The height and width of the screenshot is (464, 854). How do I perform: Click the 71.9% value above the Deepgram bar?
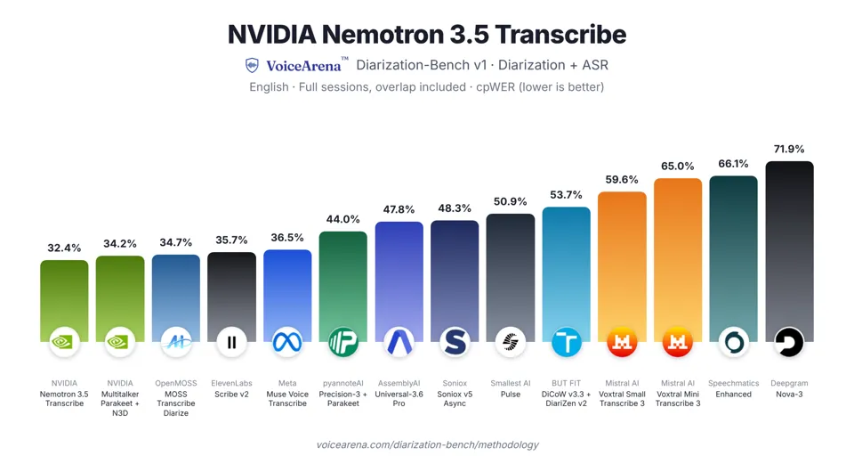(789, 149)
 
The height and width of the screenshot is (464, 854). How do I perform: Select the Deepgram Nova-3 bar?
(789, 251)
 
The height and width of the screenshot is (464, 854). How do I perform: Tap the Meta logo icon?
(287, 342)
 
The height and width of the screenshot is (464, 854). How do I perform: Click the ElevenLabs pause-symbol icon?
(231, 342)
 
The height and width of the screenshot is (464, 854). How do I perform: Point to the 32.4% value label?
(64, 248)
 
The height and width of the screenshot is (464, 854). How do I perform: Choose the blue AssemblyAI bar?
(399, 281)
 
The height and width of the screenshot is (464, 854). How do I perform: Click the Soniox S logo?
(455, 342)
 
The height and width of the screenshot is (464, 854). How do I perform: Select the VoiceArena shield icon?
(252, 65)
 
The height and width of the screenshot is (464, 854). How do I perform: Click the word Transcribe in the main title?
(560, 35)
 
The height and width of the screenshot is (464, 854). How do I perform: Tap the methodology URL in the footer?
(428, 445)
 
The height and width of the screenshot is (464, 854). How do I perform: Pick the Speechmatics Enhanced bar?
(733, 258)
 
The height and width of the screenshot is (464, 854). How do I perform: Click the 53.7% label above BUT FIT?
(566, 195)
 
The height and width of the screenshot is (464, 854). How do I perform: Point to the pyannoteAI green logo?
(343, 342)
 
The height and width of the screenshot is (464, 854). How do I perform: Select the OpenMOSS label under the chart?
(176, 383)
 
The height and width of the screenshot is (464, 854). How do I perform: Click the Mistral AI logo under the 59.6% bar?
(622, 342)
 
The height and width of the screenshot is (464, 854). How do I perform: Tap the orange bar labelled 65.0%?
(678, 260)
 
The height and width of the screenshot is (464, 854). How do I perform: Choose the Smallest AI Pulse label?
(511, 389)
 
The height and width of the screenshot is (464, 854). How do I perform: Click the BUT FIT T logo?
(567, 342)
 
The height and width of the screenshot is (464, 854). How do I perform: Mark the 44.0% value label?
(343, 219)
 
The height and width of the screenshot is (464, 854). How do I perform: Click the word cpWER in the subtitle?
(495, 87)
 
